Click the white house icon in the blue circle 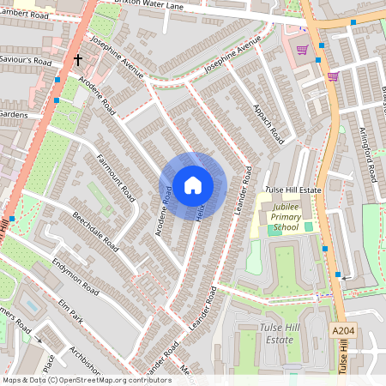coord(193,184)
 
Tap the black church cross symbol coord(77,60)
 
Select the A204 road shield coord(342,330)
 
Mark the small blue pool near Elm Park coord(32,305)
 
